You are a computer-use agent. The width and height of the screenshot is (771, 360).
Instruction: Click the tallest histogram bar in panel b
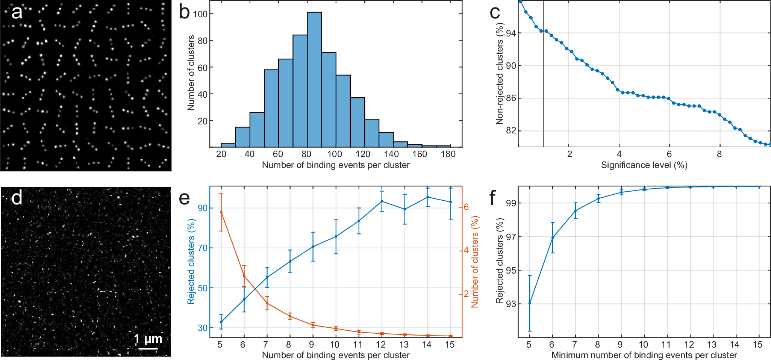point(314,79)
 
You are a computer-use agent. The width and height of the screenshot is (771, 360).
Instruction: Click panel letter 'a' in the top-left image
point(17,12)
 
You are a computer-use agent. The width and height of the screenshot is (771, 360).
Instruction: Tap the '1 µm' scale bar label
point(148,339)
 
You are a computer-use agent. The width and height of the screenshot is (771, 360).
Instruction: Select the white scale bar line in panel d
point(148,348)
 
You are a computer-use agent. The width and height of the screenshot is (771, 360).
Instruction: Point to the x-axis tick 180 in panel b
point(448,154)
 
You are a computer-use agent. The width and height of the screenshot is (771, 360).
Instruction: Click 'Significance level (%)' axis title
point(644,165)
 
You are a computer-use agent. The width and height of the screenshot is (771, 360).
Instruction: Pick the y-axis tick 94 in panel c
point(510,33)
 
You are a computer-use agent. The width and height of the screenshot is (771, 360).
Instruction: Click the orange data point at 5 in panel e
point(221,212)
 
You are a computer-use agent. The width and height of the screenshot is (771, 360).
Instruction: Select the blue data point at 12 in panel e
point(382,201)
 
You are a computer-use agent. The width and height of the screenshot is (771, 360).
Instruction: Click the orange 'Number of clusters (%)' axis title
point(475,262)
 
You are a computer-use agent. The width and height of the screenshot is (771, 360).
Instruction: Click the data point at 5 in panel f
point(530,303)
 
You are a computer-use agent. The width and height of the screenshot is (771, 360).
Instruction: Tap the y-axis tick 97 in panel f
point(510,237)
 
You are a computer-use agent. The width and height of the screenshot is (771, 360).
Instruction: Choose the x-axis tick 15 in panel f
point(758,345)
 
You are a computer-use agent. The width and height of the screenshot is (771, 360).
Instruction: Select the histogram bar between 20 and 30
point(228,145)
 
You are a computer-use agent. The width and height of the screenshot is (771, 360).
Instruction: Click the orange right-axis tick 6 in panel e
point(467,207)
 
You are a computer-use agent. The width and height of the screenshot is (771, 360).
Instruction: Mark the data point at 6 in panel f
point(553,237)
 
